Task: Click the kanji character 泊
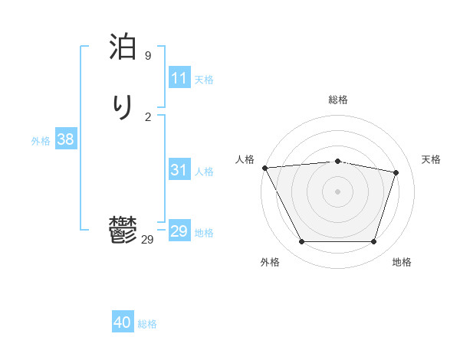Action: (123, 47)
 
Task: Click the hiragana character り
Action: (123, 106)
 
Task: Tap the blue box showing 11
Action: (179, 78)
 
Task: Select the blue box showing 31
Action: (179, 171)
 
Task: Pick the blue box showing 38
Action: (65, 139)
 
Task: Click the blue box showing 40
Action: (123, 322)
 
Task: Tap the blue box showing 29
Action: (179, 231)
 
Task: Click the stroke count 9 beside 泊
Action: (148, 56)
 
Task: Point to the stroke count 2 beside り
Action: (148, 116)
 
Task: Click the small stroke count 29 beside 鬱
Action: (148, 240)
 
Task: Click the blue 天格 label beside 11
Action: (204, 80)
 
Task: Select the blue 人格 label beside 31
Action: (204, 172)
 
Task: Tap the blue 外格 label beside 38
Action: (41, 141)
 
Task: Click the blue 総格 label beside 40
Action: (147, 324)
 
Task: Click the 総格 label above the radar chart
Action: (338, 100)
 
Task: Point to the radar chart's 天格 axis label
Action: (432, 159)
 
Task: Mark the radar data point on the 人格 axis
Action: (264, 168)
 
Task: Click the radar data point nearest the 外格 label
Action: (301, 242)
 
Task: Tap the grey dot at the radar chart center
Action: (338, 191)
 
